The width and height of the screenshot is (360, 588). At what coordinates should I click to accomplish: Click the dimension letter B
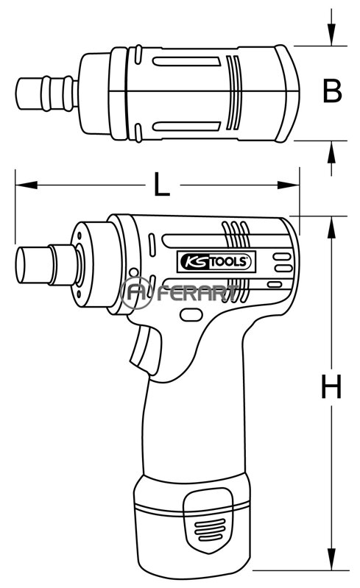[332, 91]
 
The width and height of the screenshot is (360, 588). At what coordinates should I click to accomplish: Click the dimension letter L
[162, 184]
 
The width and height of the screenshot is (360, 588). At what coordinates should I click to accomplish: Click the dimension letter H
[331, 386]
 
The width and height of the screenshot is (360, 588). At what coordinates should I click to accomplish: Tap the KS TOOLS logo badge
[216, 261]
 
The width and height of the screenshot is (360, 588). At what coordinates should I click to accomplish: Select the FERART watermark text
[197, 292]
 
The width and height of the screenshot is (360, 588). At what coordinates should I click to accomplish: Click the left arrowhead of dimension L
[27, 185]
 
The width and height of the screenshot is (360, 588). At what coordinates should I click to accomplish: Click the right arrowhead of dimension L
[289, 185]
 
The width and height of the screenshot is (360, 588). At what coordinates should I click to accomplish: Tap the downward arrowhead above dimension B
[331, 35]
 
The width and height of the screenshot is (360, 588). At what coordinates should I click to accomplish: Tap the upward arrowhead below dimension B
[331, 152]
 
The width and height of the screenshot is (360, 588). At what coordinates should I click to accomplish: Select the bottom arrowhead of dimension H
[331, 559]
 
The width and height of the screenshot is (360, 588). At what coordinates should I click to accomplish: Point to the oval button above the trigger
[191, 314]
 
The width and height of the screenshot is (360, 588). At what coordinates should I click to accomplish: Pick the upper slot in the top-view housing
[186, 62]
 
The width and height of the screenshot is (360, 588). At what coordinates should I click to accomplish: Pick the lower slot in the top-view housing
[186, 127]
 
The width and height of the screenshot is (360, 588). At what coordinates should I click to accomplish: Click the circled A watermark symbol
[136, 293]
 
